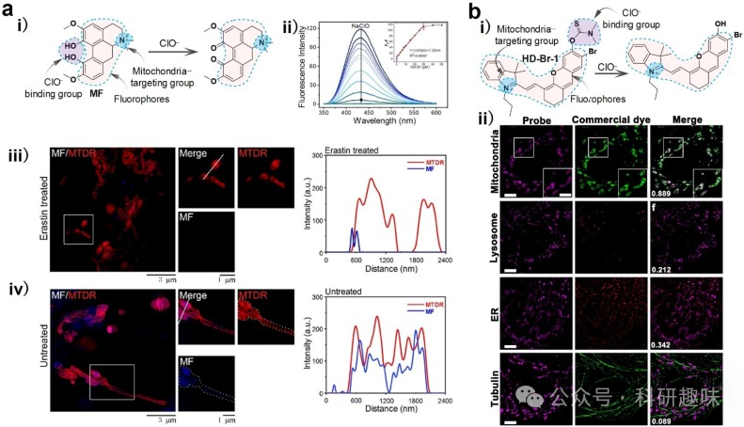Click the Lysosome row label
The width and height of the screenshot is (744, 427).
point(498,241)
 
